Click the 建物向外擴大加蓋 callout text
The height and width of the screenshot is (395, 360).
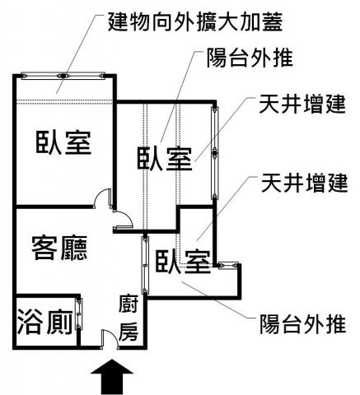tap(195, 22)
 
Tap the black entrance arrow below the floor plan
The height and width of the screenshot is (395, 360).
tap(112, 377)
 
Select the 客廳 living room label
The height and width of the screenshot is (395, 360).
tap(59, 248)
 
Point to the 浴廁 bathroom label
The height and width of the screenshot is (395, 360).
tap(45, 322)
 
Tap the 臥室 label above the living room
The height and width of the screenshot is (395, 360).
tap(63, 142)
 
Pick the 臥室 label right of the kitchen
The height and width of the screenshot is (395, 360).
tap(183, 261)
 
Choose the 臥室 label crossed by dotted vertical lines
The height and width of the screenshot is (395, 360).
tap(165, 159)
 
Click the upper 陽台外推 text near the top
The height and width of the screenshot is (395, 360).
tap(250, 58)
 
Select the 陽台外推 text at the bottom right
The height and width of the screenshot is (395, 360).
tap(302, 324)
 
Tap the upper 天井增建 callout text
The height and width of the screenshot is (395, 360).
tap(302, 105)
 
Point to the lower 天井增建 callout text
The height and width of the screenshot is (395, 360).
tap(304, 183)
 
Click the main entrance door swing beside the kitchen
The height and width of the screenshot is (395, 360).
tap(110, 339)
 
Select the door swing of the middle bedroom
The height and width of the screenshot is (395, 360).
tap(123, 220)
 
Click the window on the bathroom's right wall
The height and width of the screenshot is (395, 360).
tap(79, 314)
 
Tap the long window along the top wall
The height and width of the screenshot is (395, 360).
tap(63, 76)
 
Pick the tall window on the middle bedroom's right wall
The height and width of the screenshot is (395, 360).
tap(215, 152)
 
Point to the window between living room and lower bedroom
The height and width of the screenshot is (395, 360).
tap(145, 265)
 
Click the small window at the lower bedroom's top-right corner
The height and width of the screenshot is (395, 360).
tap(228, 265)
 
